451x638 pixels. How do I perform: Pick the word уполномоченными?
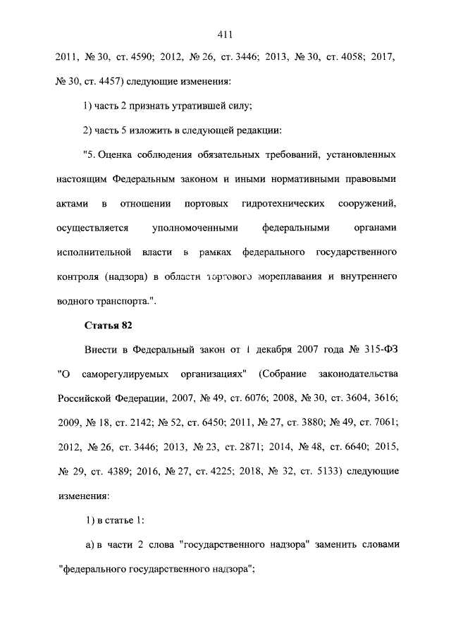(194, 228)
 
